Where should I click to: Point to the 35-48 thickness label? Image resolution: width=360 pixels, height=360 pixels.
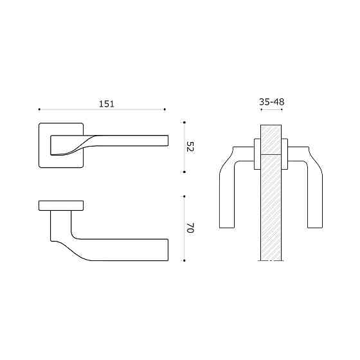tap(272, 102)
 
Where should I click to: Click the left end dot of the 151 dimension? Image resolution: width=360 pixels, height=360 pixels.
tap(39, 109)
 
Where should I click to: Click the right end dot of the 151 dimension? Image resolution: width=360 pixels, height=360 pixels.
tap(165, 109)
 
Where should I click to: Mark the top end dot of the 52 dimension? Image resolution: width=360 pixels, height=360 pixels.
tap(184, 122)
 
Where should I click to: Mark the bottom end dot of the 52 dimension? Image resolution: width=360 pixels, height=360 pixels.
tap(184, 172)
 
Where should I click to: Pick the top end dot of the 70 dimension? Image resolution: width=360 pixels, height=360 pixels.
tap(184, 195)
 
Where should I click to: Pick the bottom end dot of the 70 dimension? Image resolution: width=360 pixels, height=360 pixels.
tap(184, 260)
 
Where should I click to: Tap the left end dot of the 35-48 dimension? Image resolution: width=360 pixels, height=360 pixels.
tap(260, 109)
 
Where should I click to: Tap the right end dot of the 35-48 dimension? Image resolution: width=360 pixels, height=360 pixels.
tap(283, 109)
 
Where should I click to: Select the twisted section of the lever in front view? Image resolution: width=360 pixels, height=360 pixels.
tap(80, 145)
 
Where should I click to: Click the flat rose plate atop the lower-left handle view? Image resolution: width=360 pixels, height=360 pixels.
tap(61, 205)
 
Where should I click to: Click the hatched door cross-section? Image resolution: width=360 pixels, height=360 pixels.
tap(271, 206)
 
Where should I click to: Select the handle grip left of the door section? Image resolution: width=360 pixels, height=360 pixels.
tap(228, 193)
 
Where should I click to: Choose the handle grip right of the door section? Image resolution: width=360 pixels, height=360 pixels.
tap(314, 193)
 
